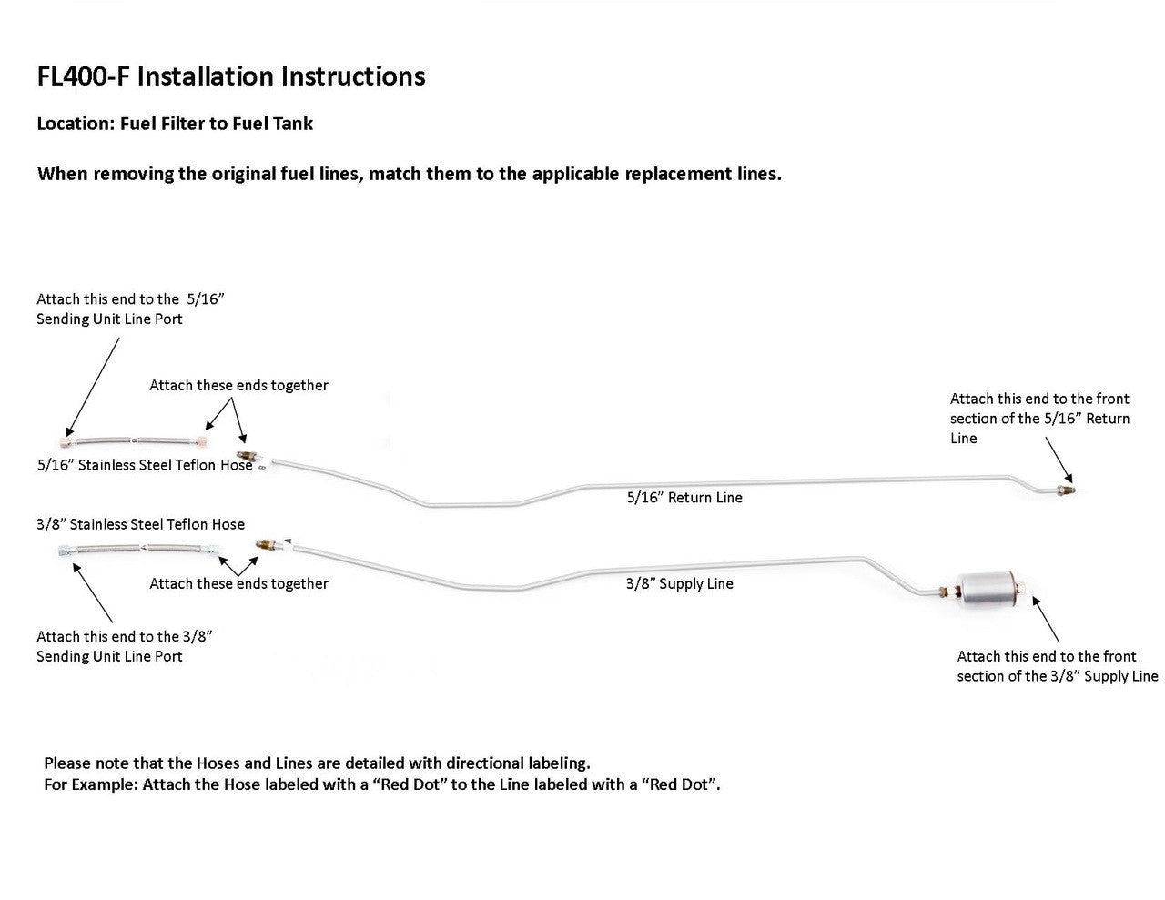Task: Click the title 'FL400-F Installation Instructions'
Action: pos(231,76)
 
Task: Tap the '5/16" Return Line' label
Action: pos(684,498)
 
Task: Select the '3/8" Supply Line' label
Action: pos(679,583)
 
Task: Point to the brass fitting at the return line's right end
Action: pos(1065,490)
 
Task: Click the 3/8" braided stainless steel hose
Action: pos(138,549)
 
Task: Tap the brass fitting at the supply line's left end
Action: pos(266,544)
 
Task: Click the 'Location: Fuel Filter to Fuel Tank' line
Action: pos(175,124)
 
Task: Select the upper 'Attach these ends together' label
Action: pos(238,385)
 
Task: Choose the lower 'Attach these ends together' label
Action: pos(238,583)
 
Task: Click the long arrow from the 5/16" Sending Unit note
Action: pos(92,387)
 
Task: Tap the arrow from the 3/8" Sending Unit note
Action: pos(93,592)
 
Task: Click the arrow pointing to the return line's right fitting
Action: pos(1059,460)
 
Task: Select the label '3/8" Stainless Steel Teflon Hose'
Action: pos(140,523)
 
